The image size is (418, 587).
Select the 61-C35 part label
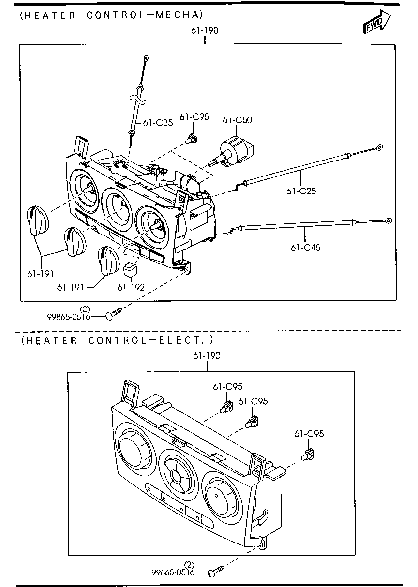pyautogui.click(x=158, y=123)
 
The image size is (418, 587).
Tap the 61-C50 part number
pyautogui.click(x=237, y=120)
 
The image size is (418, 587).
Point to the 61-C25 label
pyautogui.click(x=301, y=191)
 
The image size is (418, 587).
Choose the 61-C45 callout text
pyautogui.click(x=305, y=248)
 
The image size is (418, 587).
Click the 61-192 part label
pyautogui.click(x=131, y=287)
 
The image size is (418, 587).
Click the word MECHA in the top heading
pyautogui.click(x=176, y=15)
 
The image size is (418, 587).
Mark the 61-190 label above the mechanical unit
pyautogui.click(x=204, y=30)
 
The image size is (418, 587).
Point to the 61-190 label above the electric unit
pyautogui.click(x=207, y=355)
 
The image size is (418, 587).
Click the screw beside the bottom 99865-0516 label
pyautogui.click(x=215, y=572)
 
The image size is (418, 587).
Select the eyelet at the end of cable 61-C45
pyautogui.click(x=388, y=220)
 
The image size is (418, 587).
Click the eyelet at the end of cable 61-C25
pyautogui.click(x=380, y=147)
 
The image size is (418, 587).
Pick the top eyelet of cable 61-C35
pyautogui.click(x=146, y=59)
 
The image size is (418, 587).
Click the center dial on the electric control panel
pyautogui.click(x=178, y=476)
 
